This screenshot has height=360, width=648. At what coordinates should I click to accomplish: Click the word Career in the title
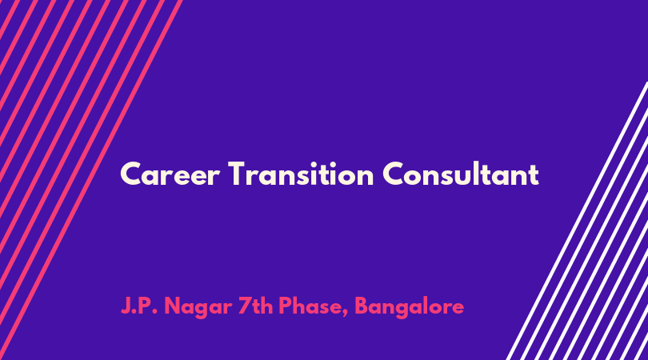point(170,174)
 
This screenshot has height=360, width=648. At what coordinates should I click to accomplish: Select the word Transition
point(301,174)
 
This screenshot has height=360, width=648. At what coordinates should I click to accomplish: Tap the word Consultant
point(460,174)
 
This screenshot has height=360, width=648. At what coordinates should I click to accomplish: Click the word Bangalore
point(409,307)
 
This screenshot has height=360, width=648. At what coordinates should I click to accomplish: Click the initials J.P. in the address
point(139,306)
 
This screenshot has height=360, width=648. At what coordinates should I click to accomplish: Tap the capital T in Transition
point(238,174)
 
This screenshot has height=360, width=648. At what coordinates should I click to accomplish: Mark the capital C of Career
point(130,174)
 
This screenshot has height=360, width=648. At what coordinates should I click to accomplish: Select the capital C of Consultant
point(393,174)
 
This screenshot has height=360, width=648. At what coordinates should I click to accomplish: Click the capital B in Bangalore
point(362,306)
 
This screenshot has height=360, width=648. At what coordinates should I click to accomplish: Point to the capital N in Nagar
point(173,306)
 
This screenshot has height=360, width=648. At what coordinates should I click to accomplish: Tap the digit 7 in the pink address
point(244,306)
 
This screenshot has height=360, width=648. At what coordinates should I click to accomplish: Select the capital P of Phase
point(285,306)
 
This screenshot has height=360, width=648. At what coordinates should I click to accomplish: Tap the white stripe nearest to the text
point(577,221)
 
